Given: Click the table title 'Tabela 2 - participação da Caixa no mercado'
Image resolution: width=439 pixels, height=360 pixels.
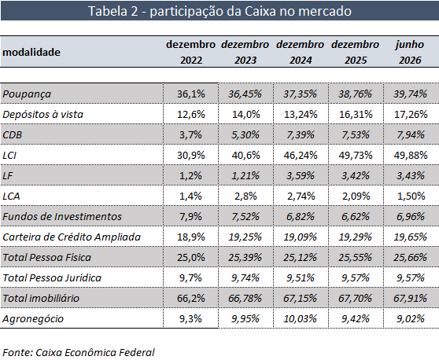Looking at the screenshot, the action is [x=219, y=11].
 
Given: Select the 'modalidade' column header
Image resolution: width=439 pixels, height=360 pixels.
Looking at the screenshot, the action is [x=31, y=53].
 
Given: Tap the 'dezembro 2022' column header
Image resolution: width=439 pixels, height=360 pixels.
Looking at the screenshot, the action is [x=190, y=53].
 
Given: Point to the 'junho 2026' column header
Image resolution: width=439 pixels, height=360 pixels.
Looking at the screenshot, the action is [x=410, y=53].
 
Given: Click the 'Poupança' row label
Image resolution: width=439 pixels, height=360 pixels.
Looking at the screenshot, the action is [x=27, y=94].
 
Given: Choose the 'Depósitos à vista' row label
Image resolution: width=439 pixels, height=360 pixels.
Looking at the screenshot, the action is [x=42, y=115].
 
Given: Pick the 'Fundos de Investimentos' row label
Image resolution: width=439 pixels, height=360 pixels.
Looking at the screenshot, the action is [x=62, y=216].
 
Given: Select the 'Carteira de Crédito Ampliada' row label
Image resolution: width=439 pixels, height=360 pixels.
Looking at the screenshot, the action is [x=72, y=237].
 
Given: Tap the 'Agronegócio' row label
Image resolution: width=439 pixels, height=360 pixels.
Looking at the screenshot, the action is [x=33, y=319].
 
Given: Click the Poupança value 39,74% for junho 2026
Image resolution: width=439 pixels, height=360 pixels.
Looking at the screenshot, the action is [x=410, y=94].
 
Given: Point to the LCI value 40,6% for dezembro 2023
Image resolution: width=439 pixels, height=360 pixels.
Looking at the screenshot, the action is [x=245, y=156].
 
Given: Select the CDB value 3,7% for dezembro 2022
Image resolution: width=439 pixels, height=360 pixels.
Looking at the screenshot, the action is [x=190, y=135].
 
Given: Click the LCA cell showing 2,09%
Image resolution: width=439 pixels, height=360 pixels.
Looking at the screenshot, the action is [x=356, y=196].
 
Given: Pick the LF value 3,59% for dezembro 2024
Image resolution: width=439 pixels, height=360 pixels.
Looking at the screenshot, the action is [x=301, y=175].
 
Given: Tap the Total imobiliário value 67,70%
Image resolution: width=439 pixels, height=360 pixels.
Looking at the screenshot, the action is [x=355, y=298].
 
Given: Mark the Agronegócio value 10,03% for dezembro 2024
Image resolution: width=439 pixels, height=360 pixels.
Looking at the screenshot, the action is [x=300, y=318].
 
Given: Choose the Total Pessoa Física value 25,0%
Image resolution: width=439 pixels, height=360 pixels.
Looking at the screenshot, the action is [x=190, y=257].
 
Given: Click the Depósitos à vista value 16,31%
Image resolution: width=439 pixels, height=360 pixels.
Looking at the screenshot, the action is [x=356, y=115].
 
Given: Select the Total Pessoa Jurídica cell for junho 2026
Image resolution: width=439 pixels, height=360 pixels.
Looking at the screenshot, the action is [x=411, y=277].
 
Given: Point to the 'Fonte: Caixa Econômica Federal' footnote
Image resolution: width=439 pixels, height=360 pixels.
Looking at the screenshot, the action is [x=79, y=352].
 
